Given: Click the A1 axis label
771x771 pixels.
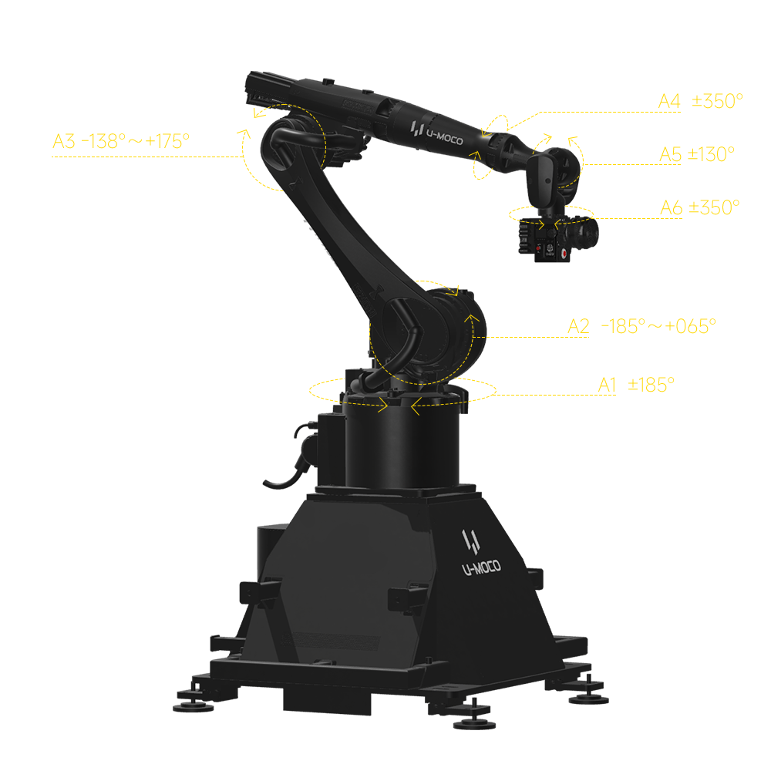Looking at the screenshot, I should (607, 385).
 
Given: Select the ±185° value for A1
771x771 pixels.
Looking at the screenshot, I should (651, 385).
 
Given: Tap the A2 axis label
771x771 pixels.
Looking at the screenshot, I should (578, 326).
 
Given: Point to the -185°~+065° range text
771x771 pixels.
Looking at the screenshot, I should (658, 326).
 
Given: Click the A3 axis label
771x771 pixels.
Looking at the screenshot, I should (64, 141).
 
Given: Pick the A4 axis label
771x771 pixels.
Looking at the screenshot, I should (669, 101).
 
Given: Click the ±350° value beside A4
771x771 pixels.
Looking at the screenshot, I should (717, 101).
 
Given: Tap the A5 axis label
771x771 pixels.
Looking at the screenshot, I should (670, 154).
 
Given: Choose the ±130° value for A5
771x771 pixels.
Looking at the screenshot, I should (711, 154).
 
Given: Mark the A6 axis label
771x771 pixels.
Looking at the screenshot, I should (671, 207).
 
